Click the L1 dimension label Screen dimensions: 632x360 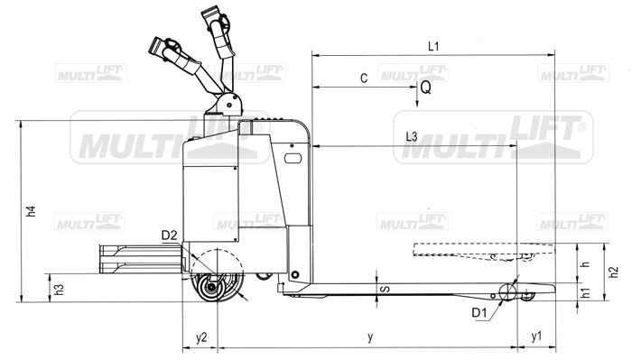point(433,46)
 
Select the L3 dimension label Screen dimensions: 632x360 point(412,136)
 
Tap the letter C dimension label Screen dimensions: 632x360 point(364,78)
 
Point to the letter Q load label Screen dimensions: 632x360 point(425,88)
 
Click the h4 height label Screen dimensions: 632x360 point(31,211)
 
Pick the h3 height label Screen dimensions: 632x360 point(60,289)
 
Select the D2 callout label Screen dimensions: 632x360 point(170,235)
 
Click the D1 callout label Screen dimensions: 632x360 point(479,312)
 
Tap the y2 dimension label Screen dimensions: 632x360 point(201,337)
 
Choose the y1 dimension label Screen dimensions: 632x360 point(536,337)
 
